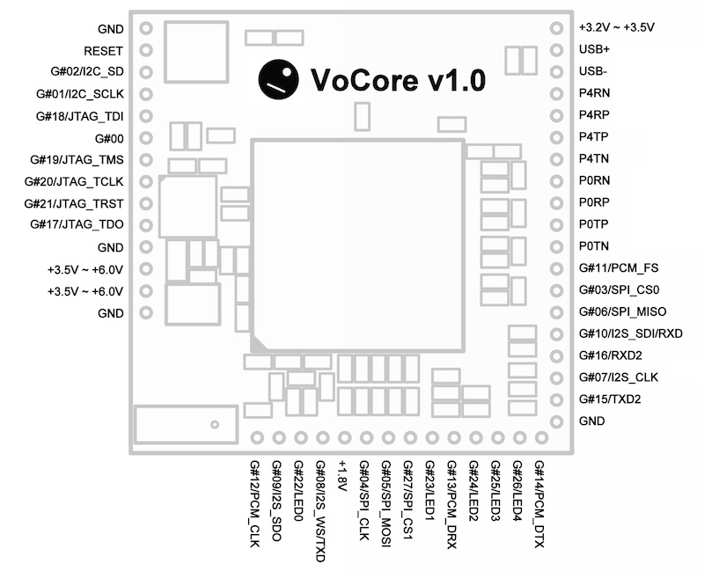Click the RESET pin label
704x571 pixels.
pyautogui.click(x=104, y=50)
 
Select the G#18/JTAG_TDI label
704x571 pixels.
pyautogui.click(x=80, y=116)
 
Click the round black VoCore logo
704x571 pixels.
pyautogui.click(x=277, y=79)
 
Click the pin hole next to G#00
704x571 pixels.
pyautogui.click(x=146, y=138)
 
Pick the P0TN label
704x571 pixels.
pyautogui.click(x=594, y=246)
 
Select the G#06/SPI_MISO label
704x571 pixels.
pyautogui.click(x=622, y=311)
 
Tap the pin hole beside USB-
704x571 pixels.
pyautogui.click(x=556, y=72)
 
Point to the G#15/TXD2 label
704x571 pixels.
pyautogui.click(x=610, y=399)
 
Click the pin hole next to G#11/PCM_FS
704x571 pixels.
pyautogui.click(x=556, y=268)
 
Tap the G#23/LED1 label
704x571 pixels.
pyautogui.click(x=429, y=493)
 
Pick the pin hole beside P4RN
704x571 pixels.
pyautogui.click(x=556, y=94)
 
